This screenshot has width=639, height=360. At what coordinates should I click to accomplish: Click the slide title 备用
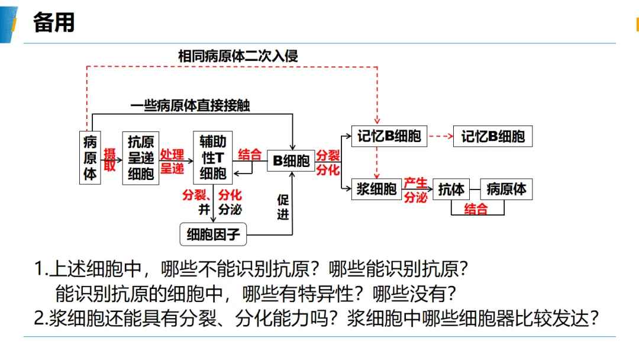54,22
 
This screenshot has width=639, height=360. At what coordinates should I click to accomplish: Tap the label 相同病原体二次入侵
238,56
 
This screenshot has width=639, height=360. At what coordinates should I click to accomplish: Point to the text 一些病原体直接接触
190,105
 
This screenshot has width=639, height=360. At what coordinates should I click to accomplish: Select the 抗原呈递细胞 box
141,157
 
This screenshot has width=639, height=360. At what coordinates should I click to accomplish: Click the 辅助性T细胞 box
213,157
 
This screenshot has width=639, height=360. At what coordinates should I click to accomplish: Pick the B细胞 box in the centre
291,160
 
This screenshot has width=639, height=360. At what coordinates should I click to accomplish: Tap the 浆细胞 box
376,189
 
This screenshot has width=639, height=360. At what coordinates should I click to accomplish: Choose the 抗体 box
451,189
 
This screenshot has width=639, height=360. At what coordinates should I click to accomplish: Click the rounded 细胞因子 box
213,234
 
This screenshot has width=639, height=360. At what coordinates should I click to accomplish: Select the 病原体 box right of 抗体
506,189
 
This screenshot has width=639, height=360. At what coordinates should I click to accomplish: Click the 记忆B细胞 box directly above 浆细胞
389,136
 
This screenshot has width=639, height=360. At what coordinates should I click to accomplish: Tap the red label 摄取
109,159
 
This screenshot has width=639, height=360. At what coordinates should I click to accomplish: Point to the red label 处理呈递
172,161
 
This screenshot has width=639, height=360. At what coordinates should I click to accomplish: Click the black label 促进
283,207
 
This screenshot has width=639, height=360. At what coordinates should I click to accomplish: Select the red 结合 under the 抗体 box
476,209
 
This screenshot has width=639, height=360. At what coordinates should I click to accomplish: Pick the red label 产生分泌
416,190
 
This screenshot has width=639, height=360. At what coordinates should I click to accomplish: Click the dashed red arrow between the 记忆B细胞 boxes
441,136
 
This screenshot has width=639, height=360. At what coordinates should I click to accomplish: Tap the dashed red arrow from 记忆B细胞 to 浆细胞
376,163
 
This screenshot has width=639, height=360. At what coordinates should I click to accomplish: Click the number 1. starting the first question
41,269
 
